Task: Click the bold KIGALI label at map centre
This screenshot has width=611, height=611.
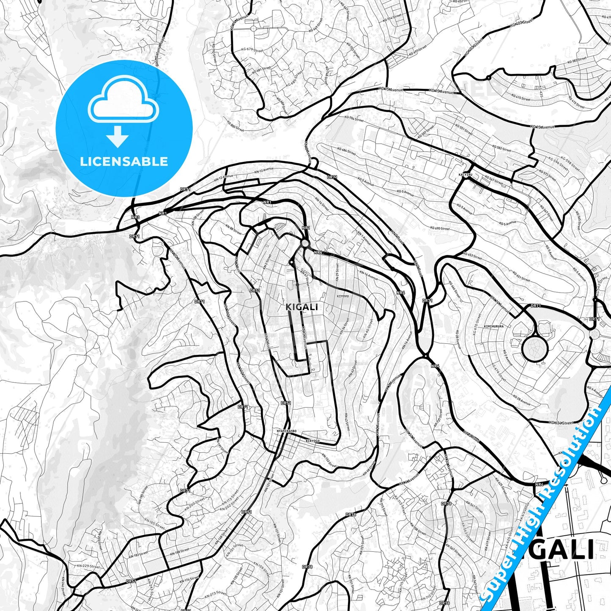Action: pyautogui.click(x=301, y=307)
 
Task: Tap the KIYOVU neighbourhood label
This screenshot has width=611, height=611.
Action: pyautogui.click(x=342, y=296)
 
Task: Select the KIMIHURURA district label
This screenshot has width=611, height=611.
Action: pyautogui.click(x=494, y=326)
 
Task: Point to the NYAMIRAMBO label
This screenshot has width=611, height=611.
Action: pyautogui.click(x=286, y=431)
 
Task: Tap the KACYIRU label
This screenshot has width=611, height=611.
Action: pyautogui.click(x=465, y=174)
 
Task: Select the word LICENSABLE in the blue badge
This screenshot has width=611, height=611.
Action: pyautogui.click(x=124, y=162)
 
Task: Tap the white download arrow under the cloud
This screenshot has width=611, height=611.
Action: pyautogui.click(x=118, y=137)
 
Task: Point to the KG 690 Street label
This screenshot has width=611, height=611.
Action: pyautogui.click(x=440, y=228)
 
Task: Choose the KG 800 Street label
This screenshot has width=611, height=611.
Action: pyautogui.click(x=235, y=126)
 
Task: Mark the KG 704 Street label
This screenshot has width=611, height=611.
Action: pyautogui.click(x=354, y=119)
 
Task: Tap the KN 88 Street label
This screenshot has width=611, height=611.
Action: pyautogui.click(x=233, y=230)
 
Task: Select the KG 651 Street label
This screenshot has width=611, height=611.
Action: pyautogui.click(x=521, y=276)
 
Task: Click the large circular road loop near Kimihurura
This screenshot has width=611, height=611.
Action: pyautogui.click(x=535, y=348)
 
